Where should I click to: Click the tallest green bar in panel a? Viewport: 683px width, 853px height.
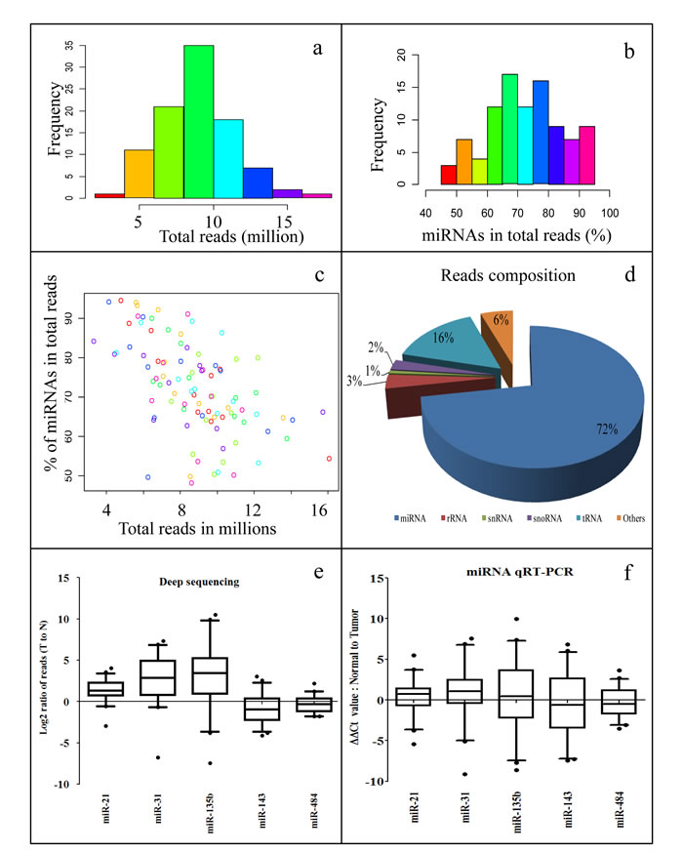[198, 122]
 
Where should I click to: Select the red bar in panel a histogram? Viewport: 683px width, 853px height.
[109, 195]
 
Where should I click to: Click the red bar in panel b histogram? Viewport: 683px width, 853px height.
[449, 175]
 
